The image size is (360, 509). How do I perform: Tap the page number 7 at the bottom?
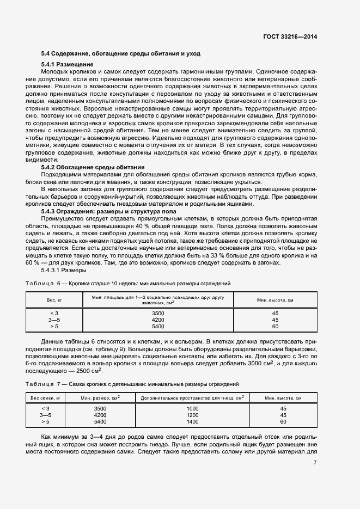315,463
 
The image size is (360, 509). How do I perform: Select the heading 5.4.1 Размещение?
68,65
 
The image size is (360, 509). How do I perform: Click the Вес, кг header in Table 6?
54,300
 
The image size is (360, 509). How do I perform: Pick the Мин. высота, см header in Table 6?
275,300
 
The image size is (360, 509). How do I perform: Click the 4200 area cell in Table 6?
158,320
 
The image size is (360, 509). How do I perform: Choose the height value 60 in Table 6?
275,327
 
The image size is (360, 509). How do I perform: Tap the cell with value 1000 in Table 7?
193,408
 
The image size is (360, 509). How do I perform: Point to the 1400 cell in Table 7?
193,421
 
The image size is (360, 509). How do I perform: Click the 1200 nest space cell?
193,415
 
